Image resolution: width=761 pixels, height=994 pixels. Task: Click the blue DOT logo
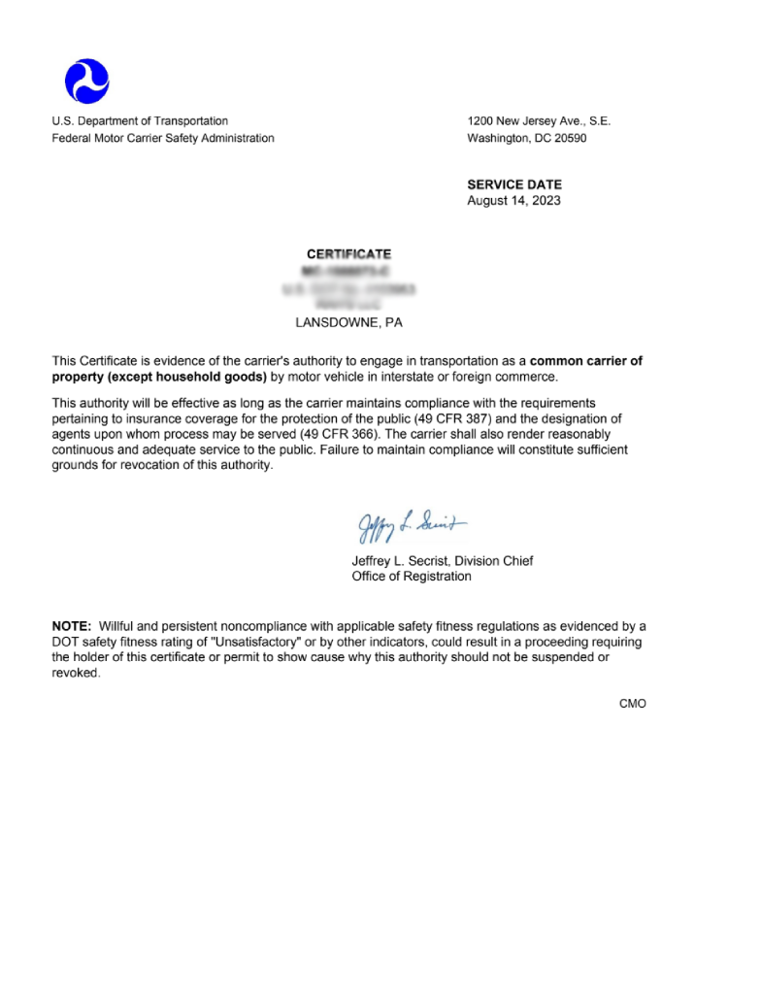(x=86, y=81)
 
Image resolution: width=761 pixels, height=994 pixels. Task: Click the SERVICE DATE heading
(x=514, y=184)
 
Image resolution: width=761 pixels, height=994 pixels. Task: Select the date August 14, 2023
(x=513, y=201)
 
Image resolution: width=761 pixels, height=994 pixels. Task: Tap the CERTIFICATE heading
(x=348, y=254)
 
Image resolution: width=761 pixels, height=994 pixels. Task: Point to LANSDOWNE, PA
(x=348, y=323)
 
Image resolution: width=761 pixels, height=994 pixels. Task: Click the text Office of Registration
(x=412, y=577)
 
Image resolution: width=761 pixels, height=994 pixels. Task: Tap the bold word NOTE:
(x=72, y=626)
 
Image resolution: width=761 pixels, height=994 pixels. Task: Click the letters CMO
(x=633, y=704)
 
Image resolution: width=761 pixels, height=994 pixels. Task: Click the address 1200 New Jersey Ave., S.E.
(x=539, y=121)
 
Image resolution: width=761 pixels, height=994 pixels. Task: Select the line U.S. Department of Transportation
(x=140, y=121)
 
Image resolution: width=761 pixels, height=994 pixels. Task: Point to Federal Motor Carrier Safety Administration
(x=163, y=138)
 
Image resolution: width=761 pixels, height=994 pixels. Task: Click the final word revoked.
(x=76, y=673)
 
